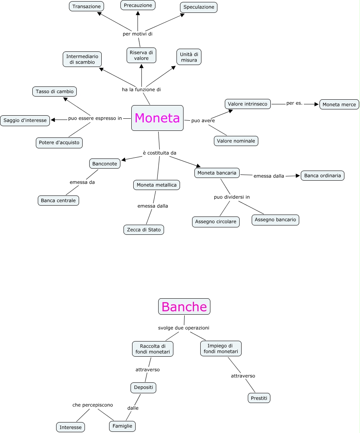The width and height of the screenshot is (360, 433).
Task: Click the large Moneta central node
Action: pos(157,118)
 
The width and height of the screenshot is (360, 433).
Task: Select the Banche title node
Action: pos(184,306)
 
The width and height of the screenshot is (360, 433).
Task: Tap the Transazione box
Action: pos(86,6)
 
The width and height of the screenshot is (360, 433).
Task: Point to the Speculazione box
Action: pos(199,7)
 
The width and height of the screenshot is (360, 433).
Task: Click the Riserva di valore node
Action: pos(141,55)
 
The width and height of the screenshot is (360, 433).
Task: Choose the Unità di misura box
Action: pos(189,57)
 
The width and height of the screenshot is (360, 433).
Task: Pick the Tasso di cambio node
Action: pos(55,92)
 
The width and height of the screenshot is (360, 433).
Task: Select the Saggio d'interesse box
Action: pos(25,120)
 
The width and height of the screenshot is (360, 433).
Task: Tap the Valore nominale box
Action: pos(236,141)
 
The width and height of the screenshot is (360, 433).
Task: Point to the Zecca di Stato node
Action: pos(144,230)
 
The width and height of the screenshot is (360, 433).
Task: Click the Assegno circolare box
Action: pos(216,222)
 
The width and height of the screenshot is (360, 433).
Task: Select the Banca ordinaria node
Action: pos(323,176)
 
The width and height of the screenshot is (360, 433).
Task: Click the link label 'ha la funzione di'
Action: pos(141,90)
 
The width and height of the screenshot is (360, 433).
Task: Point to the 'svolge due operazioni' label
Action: pos(184,327)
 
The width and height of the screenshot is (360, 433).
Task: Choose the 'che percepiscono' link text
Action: pos(93,405)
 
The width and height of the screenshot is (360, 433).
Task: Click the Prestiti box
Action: pos(259,398)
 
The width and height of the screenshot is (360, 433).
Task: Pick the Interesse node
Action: pos(71,427)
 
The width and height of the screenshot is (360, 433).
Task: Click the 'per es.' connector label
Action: pos(295,103)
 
